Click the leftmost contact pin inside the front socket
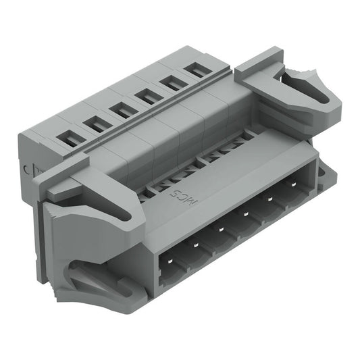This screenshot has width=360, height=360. pyautogui.click(x=169, y=265)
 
